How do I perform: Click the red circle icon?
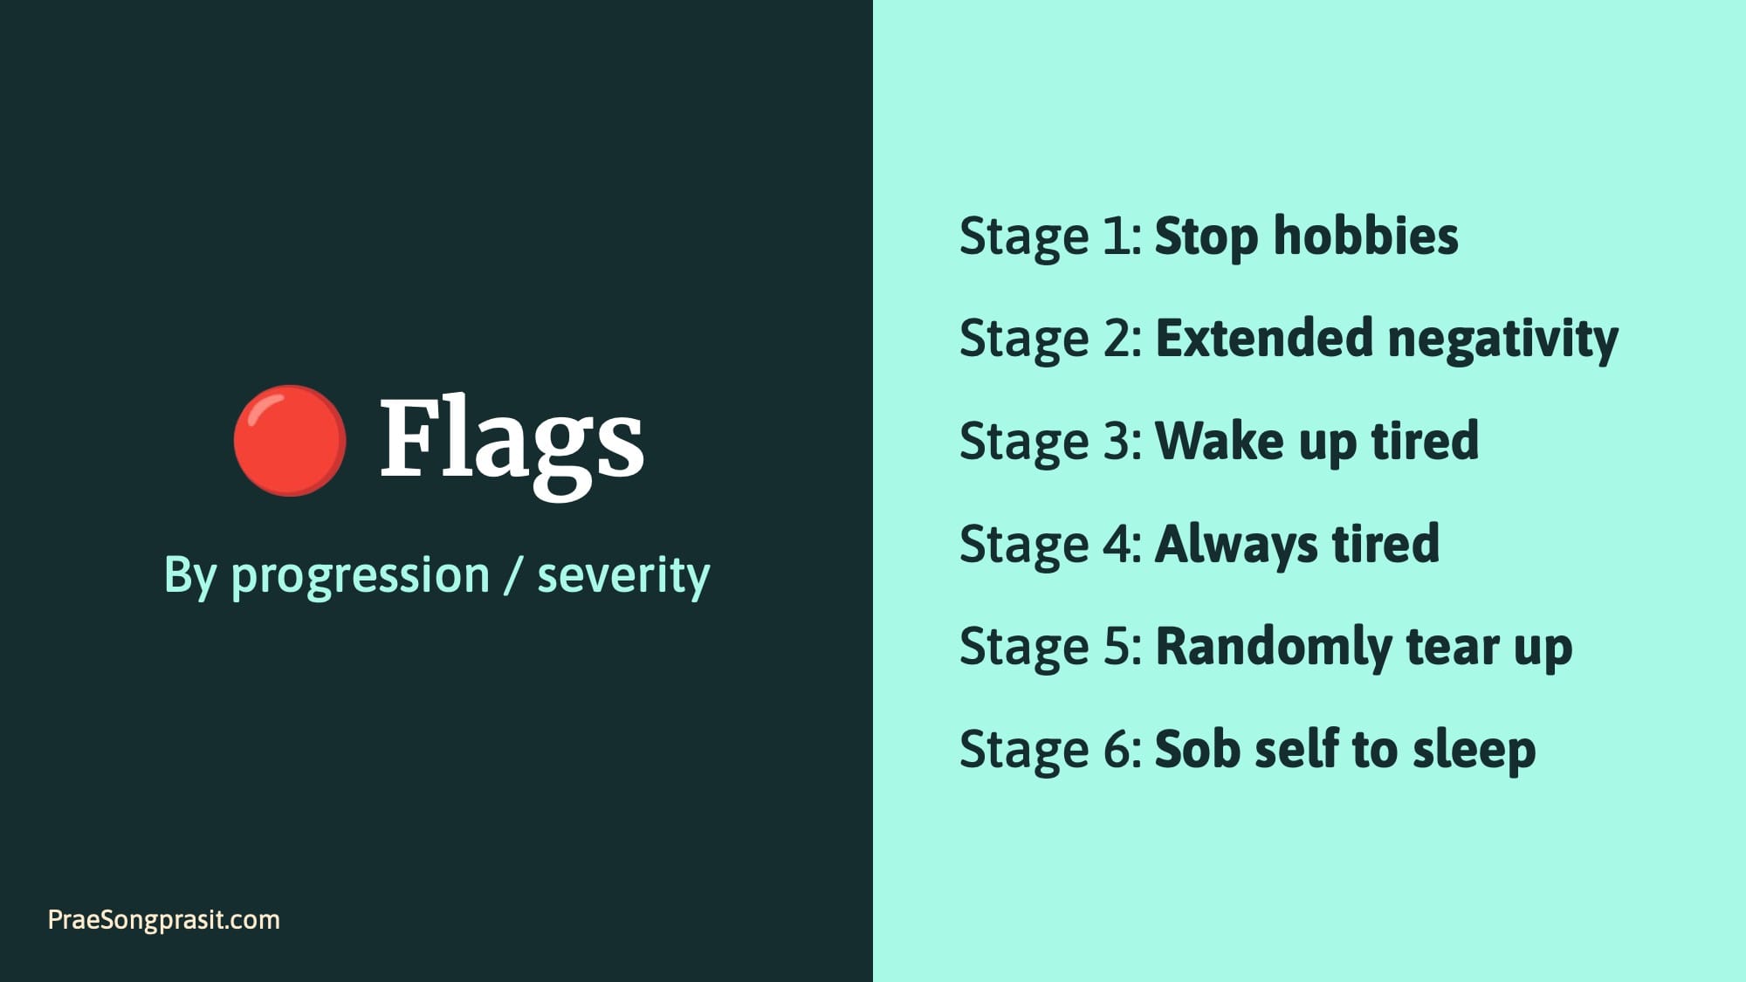coord(290,440)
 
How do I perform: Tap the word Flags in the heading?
coord(512,439)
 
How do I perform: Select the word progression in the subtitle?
coord(360,576)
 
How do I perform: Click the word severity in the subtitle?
coord(623,576)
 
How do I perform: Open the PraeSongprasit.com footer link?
coord(164,919)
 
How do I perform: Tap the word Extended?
coord(1263,339)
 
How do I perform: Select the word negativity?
coord(1502,340)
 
